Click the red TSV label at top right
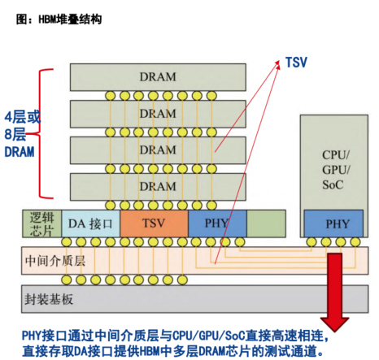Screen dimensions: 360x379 (296, 62)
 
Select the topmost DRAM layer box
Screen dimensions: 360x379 (157, 76)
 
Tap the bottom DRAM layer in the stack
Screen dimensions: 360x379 (157, 186)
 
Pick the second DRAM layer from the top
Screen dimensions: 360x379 (157, 113)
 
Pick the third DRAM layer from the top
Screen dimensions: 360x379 (157, 150)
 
